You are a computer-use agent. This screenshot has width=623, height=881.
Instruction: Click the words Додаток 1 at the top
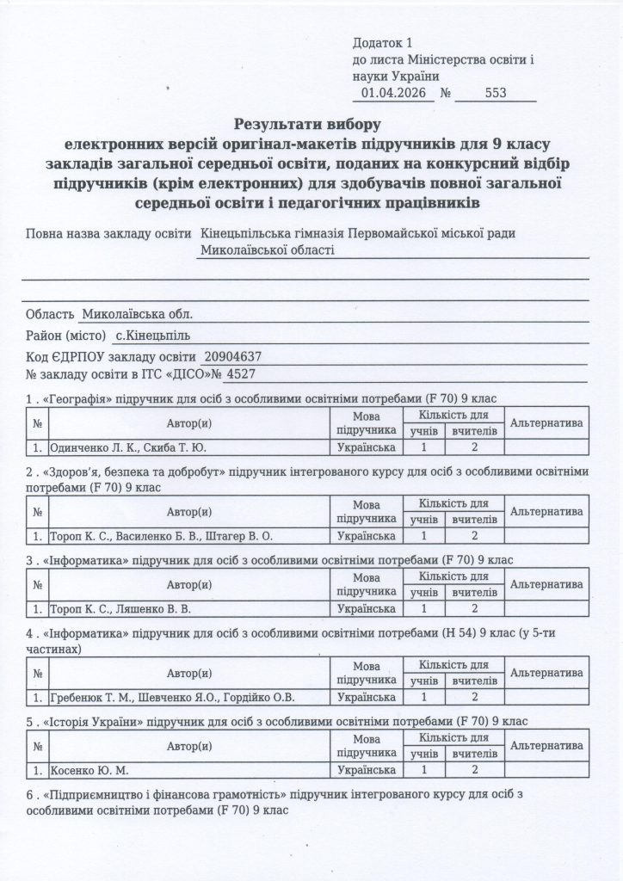point(383,42)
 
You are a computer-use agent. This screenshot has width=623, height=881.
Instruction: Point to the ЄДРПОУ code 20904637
point(234,356)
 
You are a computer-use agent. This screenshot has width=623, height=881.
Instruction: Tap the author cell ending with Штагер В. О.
point(161,536)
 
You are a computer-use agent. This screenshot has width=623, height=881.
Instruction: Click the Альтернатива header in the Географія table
point(547,423)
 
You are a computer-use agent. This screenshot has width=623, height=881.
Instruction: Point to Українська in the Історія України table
point(367,771)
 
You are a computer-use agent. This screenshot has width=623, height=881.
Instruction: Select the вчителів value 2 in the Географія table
point(474,447)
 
